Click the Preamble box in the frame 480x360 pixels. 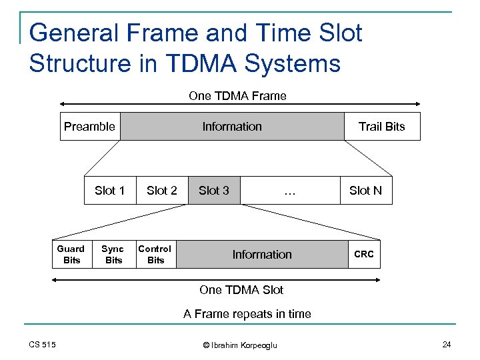pyautogui.click(x=90, y=127)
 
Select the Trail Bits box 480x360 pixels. pyautogui.click(x=382, y=127)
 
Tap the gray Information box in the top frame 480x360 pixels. pyautogui.click(x=232, y=127)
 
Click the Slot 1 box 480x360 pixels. pyautogui.click(x=110, y=191)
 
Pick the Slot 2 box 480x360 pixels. pyautogui.click(x=162, y=191)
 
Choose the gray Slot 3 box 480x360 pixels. pyautogui.click(x=214, y=191)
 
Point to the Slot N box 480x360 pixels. pyautogui.click(x=365, y=191)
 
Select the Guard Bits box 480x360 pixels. pyautogui.click(x=71, y=254)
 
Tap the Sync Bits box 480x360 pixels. pyautogui.click(x=113, y=254)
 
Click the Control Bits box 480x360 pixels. pyautogui.click(x=155, y=254)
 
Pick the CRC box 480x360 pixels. pyautogui.click(x=364, y=254)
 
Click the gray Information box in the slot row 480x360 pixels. pyautogui.click(x=262, y=254)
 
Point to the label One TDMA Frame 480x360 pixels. pyautogui.click(x=237, y=96)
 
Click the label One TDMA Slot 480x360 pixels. pyautogui.click(x=241, y=290)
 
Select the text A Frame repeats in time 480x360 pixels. pyautogui.click(x=247, y=314)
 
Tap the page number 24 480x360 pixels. pyautogui.click(x=447, y=344)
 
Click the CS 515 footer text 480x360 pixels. pyautogui.click(x=43, y=344)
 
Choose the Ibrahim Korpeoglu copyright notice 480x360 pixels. pyautogui.click(x=239, y=345)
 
